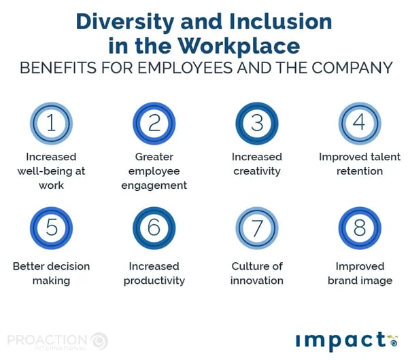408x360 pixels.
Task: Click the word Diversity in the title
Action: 125,22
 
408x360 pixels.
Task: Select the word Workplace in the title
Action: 239,46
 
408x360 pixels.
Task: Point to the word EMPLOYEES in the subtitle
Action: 185,68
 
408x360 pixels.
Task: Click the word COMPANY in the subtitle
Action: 352,68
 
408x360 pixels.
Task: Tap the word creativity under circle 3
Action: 257,171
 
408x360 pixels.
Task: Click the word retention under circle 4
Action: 360,171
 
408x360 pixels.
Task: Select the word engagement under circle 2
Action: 154,186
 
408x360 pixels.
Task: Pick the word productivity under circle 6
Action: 154,281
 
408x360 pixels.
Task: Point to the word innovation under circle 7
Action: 257,281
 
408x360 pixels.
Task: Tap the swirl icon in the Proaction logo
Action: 99,341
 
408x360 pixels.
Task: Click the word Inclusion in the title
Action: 280,21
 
